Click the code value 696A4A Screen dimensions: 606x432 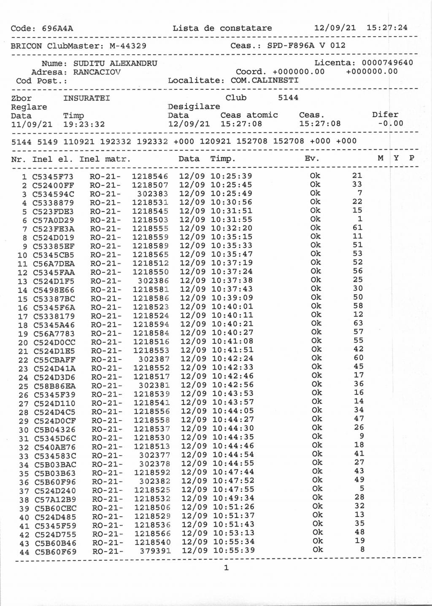click(57, 29)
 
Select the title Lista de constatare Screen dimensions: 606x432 click(222, 28)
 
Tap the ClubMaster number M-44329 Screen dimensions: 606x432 click(128, 46)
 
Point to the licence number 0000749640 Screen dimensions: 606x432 click(387, 63)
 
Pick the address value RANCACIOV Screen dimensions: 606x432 click(97, 72)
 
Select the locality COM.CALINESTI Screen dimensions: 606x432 click(264, 80)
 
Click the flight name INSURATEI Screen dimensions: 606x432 click(86, 98)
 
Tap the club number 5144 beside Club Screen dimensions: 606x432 click(288, 98)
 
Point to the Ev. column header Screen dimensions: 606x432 click(312, 159)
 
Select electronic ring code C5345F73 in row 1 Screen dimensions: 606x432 click(53, 177)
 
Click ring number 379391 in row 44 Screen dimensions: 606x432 click(155, 551)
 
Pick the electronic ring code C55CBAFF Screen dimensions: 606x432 click(54, 360)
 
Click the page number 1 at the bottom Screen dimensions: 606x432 click(226, 568)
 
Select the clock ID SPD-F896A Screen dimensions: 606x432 click(291, 46)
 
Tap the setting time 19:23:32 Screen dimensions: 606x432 click(84, 124)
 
